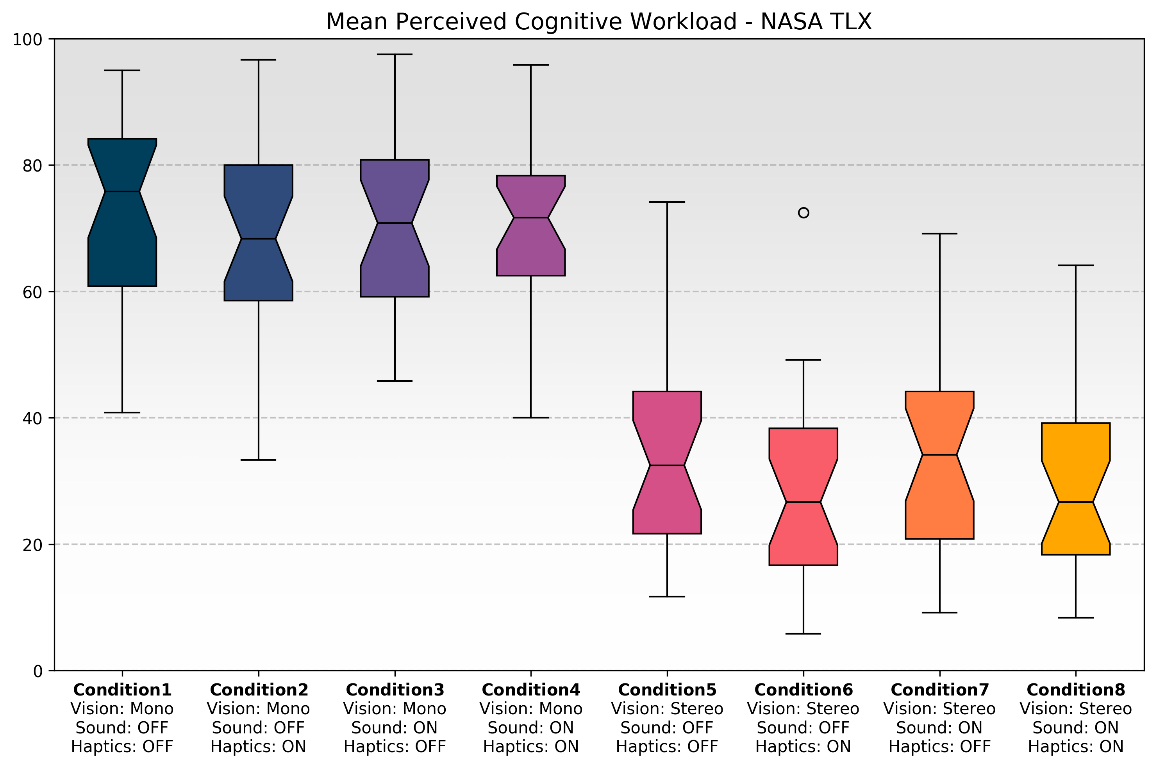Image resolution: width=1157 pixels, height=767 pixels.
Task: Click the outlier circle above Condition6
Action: pos(803,213)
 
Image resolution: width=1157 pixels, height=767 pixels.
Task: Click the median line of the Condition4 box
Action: pos(530,218)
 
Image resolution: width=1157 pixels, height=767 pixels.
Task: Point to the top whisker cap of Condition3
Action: pos(395,54)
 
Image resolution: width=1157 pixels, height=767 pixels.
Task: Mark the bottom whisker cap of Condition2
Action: pos(258,460)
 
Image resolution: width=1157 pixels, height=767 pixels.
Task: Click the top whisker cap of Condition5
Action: pos(667,202)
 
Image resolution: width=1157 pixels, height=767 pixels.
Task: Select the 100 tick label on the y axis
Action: pos(27,39)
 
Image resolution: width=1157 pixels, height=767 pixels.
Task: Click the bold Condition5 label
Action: pos(667,690)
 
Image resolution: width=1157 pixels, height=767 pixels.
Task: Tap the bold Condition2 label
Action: pos(259,690)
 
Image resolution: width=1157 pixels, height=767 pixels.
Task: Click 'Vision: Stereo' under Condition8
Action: pos(1075,709)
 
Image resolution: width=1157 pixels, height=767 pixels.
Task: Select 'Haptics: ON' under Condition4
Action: pos(530,746)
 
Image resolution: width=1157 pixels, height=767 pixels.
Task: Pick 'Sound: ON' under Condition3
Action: pos(395,728)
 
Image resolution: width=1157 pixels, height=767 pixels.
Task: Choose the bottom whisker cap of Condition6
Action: pos(803,633)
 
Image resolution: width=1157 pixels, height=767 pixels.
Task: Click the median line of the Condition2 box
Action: pos(258,239)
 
